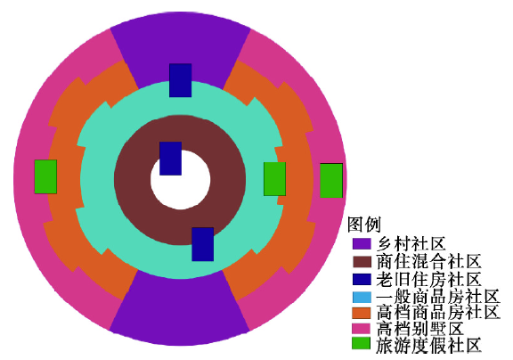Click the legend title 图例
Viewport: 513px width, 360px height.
coord(364,225)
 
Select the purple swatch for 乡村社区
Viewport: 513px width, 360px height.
coord(362,244)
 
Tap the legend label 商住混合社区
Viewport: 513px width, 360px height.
coord(429,262)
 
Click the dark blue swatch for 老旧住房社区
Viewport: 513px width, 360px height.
coord(362,279)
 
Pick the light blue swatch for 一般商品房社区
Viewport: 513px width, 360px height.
coord(362,297)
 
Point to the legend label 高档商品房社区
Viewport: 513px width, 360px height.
coord(438,312)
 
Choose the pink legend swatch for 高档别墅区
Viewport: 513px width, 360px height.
coord(362,329)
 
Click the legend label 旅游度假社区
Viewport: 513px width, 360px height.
coord(429,346)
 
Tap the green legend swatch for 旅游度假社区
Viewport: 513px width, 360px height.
coord(362,343)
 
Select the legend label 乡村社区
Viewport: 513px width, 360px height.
coord(411,244)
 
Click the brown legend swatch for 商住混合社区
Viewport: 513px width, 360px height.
coord(362,262)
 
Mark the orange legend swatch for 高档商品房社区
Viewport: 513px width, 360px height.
coord(362,313)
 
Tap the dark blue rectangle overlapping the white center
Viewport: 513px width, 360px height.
coord(170,159)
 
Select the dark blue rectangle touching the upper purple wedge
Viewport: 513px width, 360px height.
coord(180,80)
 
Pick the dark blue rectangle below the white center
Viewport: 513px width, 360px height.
coord(202,244)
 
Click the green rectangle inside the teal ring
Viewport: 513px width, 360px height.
coord(275,179)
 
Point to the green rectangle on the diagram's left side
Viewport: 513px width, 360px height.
coord(45,176)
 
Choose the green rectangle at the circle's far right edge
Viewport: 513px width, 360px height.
coord(331,181)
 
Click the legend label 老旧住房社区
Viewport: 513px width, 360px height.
coord(429,279)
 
